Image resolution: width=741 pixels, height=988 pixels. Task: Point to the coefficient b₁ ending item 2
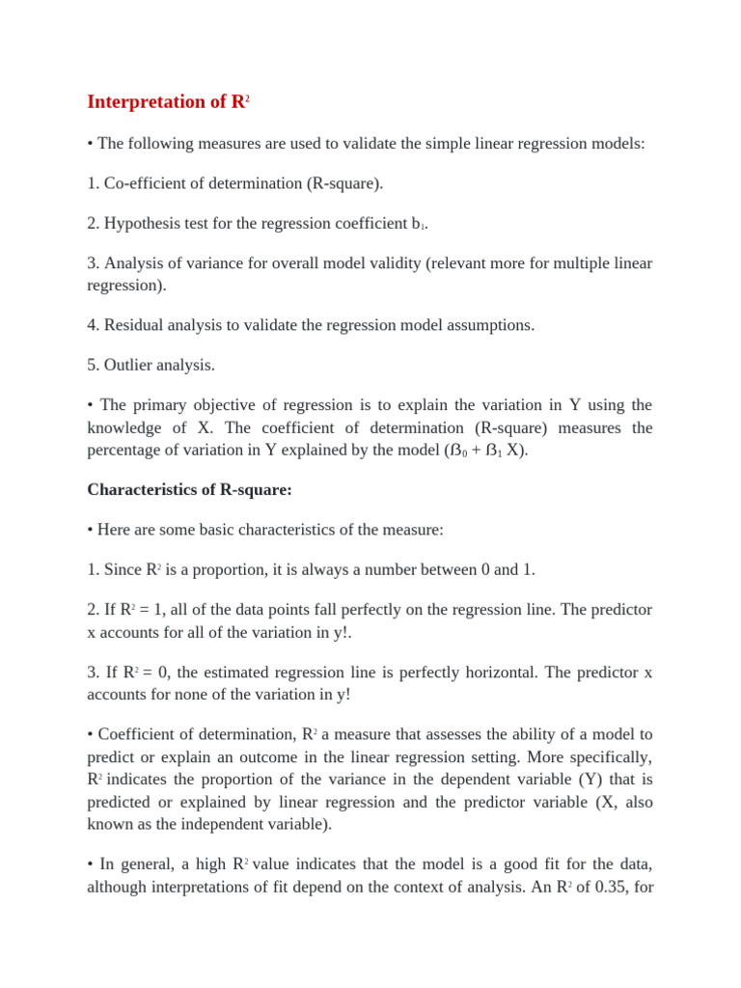(419, 224)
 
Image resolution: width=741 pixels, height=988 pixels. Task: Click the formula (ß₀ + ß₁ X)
(485, 451)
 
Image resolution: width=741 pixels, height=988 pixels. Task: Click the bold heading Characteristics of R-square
(189, 490)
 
